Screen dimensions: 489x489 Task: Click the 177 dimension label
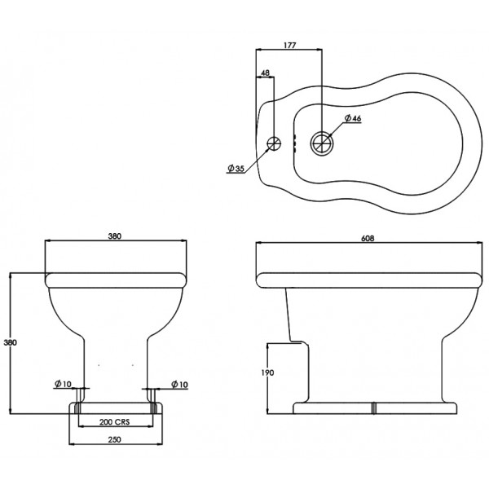click(289, 45)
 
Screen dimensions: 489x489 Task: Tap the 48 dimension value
click(265, 73)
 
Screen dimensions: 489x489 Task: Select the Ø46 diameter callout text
click(353, 118)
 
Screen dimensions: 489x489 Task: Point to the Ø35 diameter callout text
click(236, 169)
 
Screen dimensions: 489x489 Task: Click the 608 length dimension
click(368, 238)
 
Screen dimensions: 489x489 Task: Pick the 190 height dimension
click(267, 372)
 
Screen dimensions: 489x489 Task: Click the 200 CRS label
click(114, 422)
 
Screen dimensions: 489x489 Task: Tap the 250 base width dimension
click(114, 440)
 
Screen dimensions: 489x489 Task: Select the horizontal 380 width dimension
click(114, 236)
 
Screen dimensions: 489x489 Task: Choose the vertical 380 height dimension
click(10, 342)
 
